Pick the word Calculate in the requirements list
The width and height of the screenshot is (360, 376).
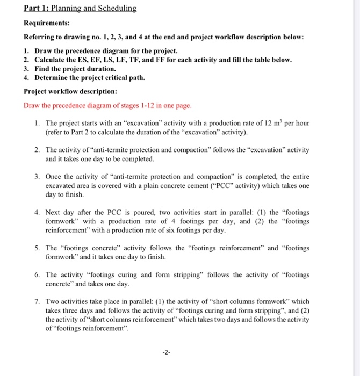click(x=52, y=59)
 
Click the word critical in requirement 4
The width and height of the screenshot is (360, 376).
click(x=117, y=78)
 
